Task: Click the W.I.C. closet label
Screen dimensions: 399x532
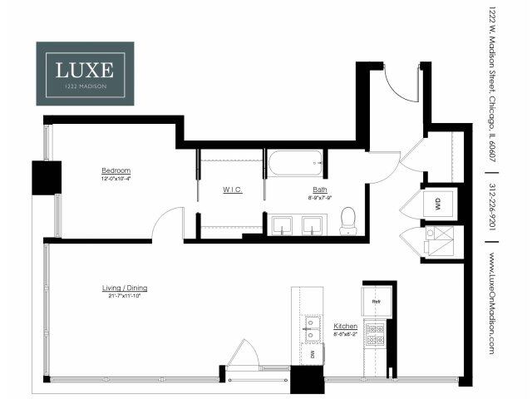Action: pos(232,190)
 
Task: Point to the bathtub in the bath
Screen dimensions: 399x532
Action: pos(296,162)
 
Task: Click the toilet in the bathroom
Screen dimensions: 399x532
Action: pos(348,219)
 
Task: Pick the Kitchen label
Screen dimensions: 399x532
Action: pos(345,326)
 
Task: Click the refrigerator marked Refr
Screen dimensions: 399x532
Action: pos(376,302)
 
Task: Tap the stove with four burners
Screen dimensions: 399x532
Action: pos(376,334)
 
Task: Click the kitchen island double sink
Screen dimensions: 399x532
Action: pos(312,328)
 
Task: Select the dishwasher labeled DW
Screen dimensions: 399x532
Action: pos(312,355)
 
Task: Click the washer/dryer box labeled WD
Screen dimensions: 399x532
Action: pos(438,204)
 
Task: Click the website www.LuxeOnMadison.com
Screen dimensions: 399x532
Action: pos(493,303)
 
